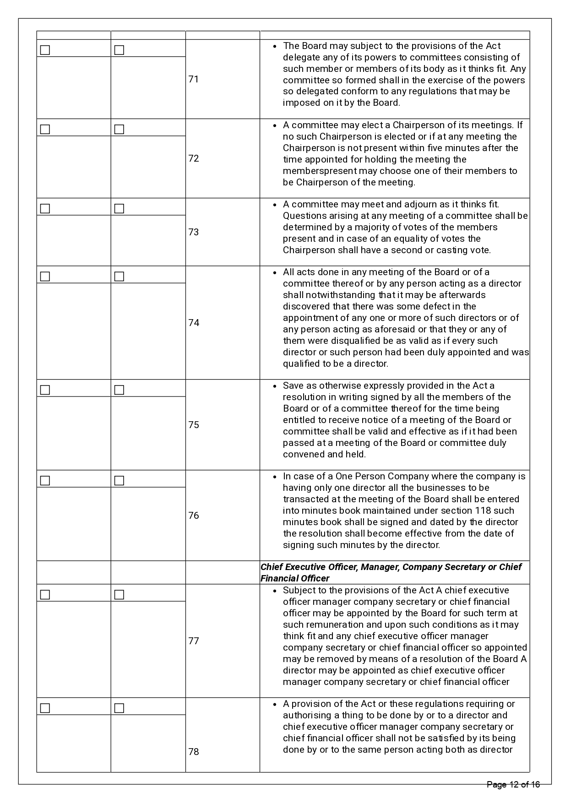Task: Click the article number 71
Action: coord(193,79)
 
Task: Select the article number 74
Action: coord(193,323)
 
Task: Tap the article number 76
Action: coord(193,516)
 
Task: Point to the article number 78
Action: coord(193,752)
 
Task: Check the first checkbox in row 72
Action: coord(45,130)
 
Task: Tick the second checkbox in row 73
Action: coord(119,209)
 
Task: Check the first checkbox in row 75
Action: coord(45,390)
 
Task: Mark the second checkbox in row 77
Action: coord(119,595)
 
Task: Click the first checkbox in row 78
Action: coord(45,708)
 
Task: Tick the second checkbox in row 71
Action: coord(119,50)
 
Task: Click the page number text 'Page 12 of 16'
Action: coord(513,785)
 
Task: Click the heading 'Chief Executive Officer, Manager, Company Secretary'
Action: coord(391,567)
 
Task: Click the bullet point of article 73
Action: coord(274,205)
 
